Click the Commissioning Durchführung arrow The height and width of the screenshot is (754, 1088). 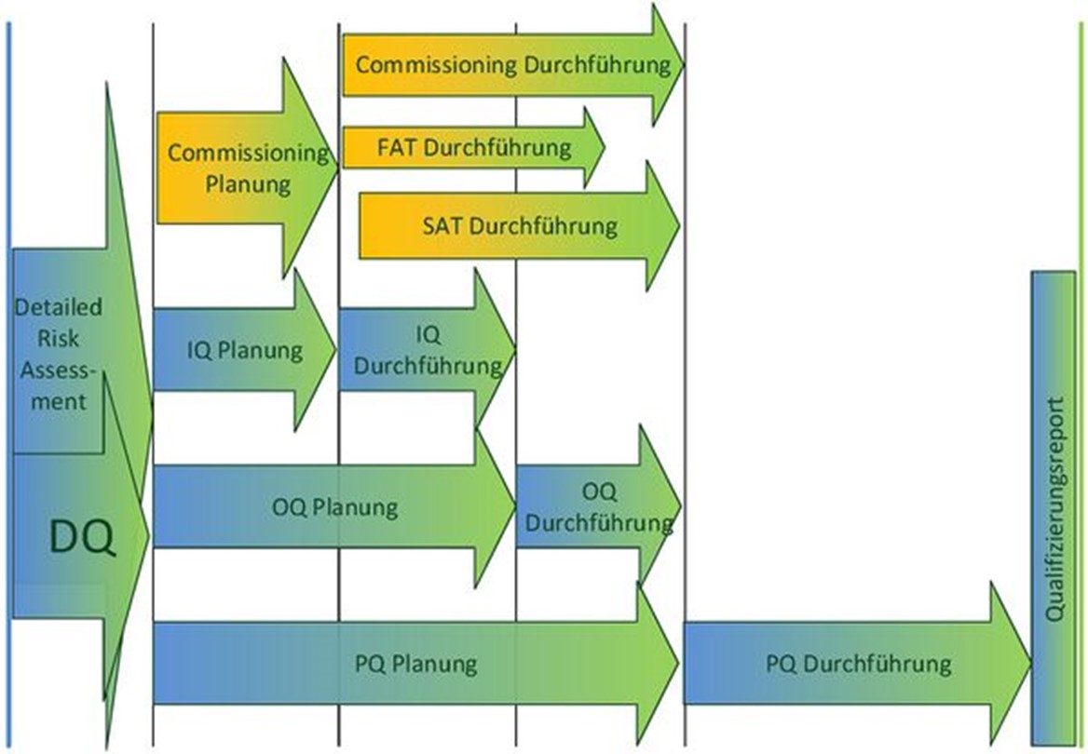point(512,65)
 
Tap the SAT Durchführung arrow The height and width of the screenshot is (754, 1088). point(518,224)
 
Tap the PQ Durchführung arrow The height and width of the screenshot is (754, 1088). point(857,664)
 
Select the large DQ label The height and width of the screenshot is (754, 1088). point(83,537)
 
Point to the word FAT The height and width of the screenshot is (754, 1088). point(397,148)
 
